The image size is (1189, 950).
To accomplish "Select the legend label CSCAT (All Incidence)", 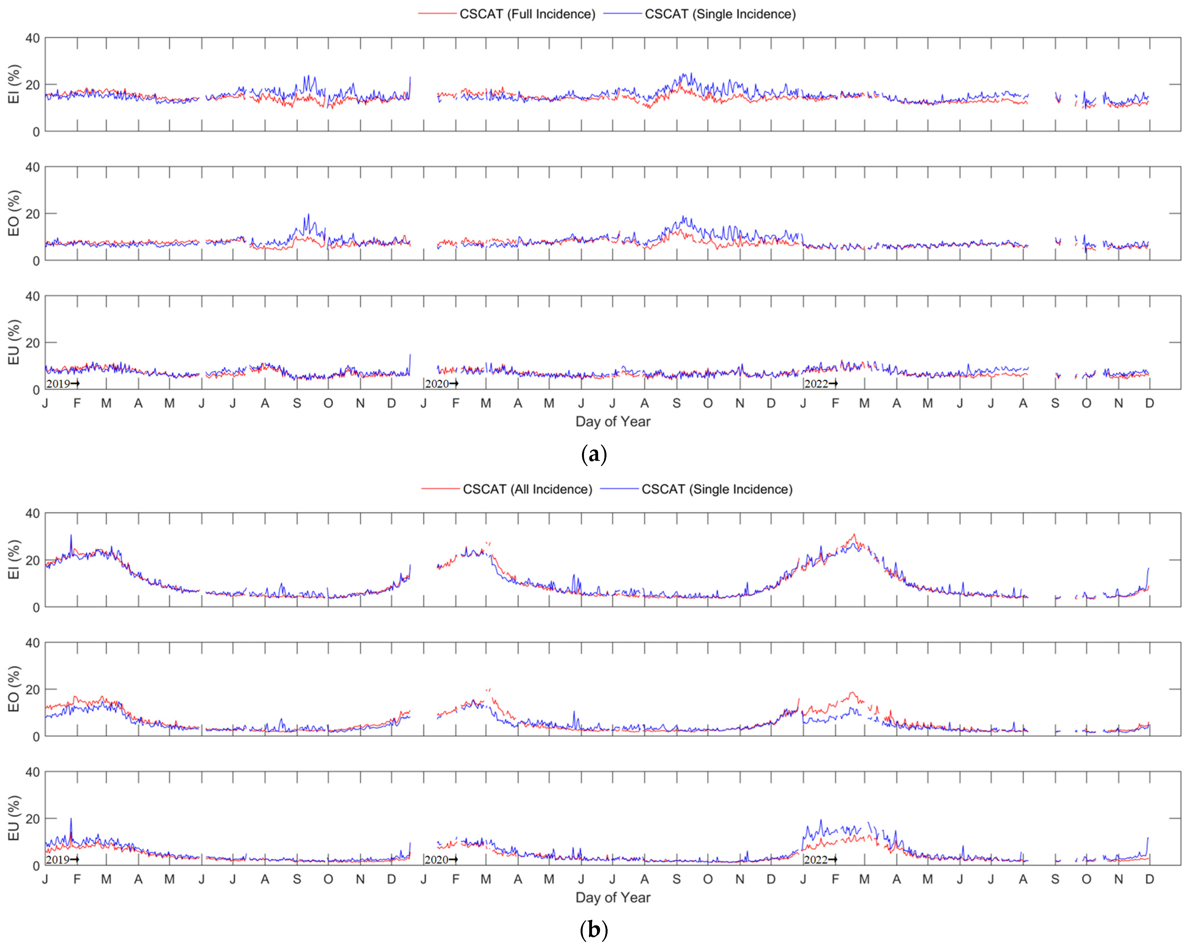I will pyautogui.click(x=527, y=489).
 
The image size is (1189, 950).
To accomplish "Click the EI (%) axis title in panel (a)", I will pyautogui.click(x=14, y=84).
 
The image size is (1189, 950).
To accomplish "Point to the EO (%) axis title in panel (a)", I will pyautogui.click(x=14, y=213).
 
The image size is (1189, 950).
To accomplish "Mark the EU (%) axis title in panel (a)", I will pyautogui.click(x=14, y=342).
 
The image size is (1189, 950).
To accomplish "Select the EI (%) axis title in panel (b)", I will pyautogui.click(x=14, y=559).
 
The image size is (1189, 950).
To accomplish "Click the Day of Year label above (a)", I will pyautogui.click(x=613, y=422).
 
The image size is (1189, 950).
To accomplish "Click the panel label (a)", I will pyautogui.click(x=594, y=455).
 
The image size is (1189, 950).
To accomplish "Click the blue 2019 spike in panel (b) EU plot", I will pyautogui.click(x=71, y=820).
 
